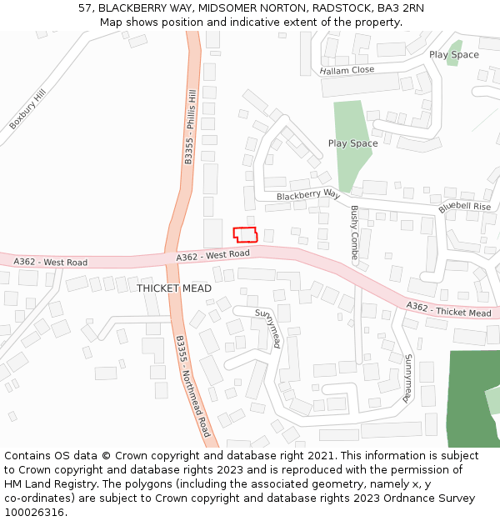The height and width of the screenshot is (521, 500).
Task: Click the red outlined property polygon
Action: coord(245,235)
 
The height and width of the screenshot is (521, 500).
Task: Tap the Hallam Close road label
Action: coord(347,71)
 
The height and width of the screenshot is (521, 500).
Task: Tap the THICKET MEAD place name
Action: coord(174,288)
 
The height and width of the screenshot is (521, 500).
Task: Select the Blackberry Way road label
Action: coord(308,195)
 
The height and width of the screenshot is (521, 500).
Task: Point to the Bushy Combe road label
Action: coord(355,233)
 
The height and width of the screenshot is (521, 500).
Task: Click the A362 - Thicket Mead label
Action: coord(448,310)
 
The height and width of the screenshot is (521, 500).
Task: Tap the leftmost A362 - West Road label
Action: coord(50,263)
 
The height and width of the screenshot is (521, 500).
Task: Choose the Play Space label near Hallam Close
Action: coord(454,55)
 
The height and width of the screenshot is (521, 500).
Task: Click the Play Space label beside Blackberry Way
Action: coord(352,143)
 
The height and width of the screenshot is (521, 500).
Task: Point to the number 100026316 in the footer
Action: coord(33,513)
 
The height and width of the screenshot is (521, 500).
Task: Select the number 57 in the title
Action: coord(85,8)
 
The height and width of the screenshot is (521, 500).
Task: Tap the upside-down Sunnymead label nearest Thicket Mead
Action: coord(266,328)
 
